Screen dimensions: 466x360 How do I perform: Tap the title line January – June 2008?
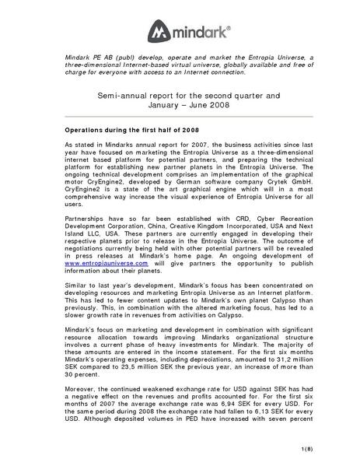180,104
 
